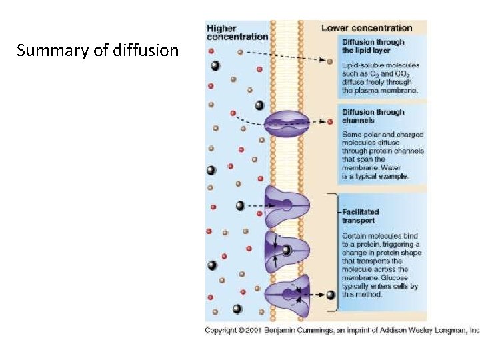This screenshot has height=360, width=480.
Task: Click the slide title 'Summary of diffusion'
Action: click(x=98, y=51)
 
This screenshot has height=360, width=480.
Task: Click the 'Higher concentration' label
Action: click(x=237, y=32)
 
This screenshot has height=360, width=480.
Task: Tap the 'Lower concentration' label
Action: click(x=367, y=28)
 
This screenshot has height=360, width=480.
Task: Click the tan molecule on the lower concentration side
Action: click(x=330, y=61)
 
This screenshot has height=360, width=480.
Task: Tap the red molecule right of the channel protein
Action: click(x=330, y=122)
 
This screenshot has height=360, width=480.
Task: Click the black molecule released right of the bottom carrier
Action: click(x=330, y=295)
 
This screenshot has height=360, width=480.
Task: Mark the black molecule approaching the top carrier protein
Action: click(x=240, y=206)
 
